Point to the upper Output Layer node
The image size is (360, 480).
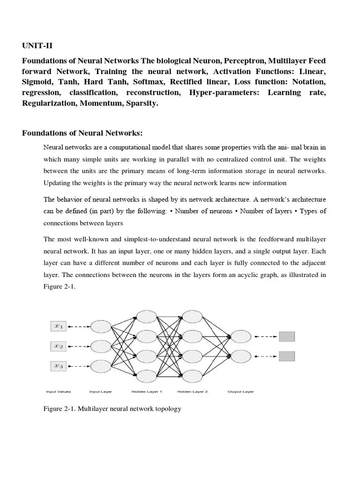[x=240, y=336]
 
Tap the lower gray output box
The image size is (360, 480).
[x=286, y=356]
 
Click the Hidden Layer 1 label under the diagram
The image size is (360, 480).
[x=147, y=391]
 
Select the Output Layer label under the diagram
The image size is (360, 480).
[x=240, y=391]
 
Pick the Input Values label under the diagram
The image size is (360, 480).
[x=57, y=391]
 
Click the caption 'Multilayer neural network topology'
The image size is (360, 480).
[x=129, y=409]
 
